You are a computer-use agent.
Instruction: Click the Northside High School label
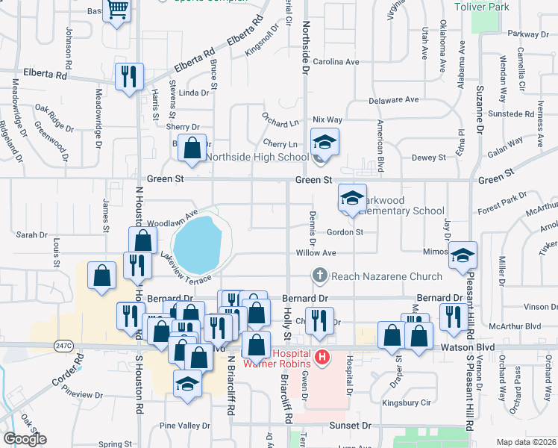tap(257, 157)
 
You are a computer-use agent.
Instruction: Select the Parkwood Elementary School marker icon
tap(352, 197)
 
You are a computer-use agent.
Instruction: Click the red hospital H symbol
tap(322, 358)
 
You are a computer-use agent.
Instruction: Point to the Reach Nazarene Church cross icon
tap(320, 276)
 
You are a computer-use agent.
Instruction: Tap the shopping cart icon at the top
tap(117, 10)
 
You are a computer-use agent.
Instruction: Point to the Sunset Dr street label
tap(351, 425)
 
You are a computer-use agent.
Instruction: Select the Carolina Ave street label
tap(336, 61)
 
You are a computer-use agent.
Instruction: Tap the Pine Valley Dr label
tap(185, 426)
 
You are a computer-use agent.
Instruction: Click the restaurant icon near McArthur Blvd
tap(453, 316)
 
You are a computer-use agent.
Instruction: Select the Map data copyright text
tap(526, 442)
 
